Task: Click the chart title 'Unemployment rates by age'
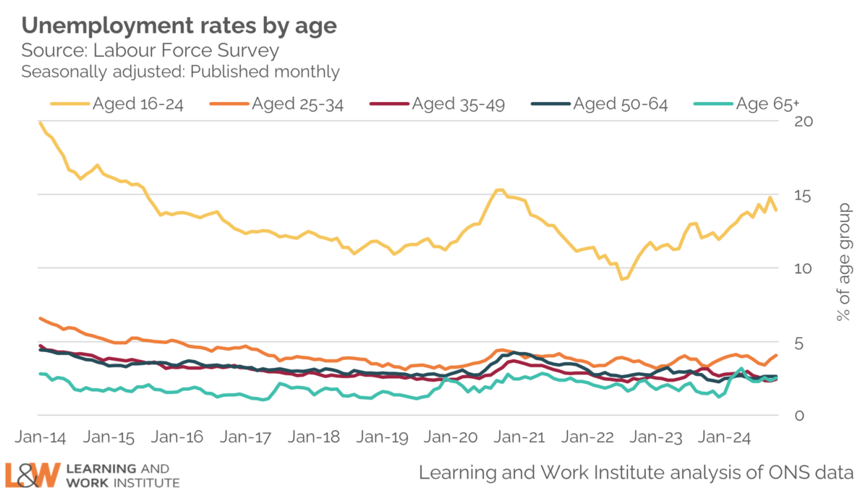(179, 27)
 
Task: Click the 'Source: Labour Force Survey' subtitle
(150, 51)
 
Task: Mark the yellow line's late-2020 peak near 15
(499, 190)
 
